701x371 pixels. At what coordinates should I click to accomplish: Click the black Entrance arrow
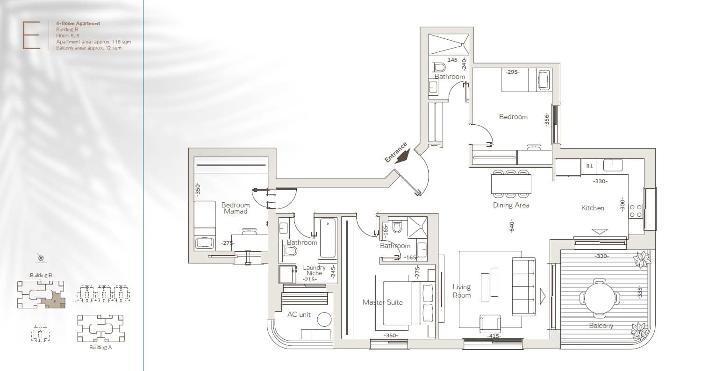pos(402,157)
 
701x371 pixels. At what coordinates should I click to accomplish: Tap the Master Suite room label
pos(382,302)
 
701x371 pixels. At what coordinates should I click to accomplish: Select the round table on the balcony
pos(600,297)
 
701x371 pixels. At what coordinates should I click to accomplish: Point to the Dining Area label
pos(511,205)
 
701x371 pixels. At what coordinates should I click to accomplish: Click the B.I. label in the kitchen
pos(590,166)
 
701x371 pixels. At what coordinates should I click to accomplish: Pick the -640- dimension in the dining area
pos(512,226)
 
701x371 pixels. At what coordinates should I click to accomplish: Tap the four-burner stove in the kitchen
pos(636,211)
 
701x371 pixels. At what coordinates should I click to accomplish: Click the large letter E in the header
pos(31,35)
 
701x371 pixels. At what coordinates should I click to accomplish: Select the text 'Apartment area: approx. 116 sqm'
pos(93,42)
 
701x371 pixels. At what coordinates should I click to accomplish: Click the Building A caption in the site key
pos(100,347)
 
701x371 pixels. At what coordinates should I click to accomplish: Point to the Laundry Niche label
pos(314,270)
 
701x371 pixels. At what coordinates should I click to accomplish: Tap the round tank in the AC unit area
pos(324,320)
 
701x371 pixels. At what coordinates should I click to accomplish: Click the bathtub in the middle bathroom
pos(328,238)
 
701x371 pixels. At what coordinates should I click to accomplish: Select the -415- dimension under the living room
pos(494,336)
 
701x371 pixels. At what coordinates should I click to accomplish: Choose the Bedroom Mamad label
pos(236,208)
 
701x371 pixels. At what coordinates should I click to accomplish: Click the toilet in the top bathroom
pos(440,67)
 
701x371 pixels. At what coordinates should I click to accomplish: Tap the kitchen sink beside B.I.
pos(613,165)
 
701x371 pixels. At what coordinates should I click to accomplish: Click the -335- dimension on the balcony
pos(640,292)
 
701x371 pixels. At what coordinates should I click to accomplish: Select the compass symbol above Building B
pos(41,258)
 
